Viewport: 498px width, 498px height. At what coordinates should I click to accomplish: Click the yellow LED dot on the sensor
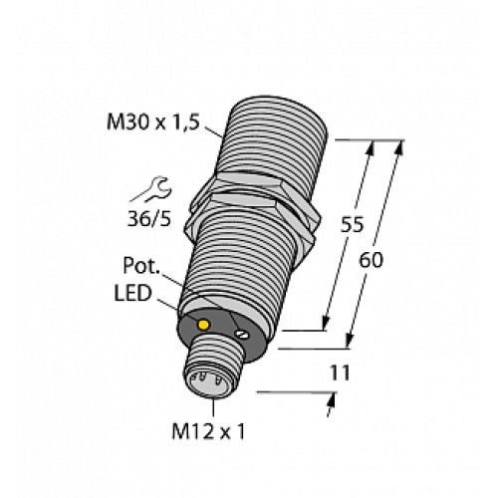(204, 326)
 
